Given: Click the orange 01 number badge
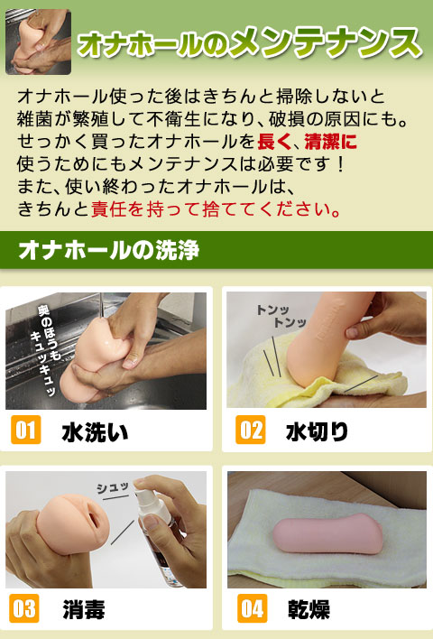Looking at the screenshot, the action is (x=25, y=430).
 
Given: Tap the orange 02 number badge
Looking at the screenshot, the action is (x=251, y=430).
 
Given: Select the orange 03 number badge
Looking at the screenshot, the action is (x=24, y=608).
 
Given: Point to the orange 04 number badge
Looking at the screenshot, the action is (x=253, y=608).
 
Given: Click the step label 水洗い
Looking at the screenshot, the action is (x=95, y=432).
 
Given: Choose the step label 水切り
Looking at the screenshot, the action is (x=318, y=432).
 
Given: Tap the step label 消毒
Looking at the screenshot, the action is (x=84, y=609).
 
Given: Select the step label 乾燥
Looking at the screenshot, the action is (x=309, y=609).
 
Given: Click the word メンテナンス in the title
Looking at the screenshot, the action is (x=325, y=42).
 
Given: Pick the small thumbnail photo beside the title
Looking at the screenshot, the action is (x=38, y=42).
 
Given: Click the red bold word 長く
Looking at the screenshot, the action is (x=274, y=142).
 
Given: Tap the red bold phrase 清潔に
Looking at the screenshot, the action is (x=330, y=142).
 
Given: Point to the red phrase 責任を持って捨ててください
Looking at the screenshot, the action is (x=216, y=209).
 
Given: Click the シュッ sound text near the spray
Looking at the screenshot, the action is (x=113, y=487).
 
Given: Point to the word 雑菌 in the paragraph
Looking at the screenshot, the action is (x=35, y=119).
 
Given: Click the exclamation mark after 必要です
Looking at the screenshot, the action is (x=341, y=164).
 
